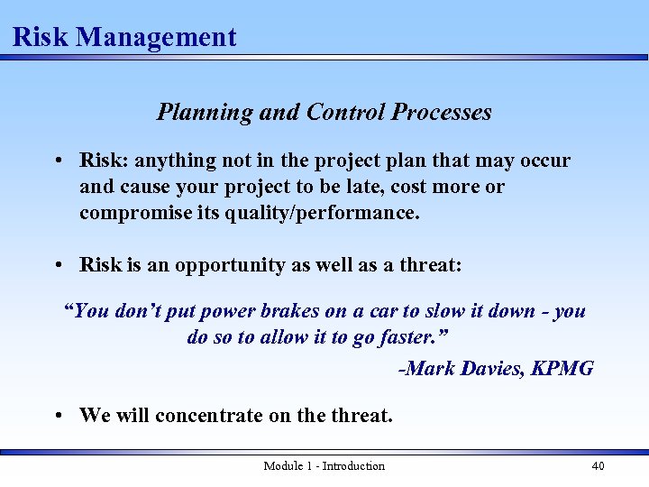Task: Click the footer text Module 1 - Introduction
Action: tap(324, 465)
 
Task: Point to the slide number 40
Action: tap(598, 465)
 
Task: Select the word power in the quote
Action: tap(226, 311)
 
